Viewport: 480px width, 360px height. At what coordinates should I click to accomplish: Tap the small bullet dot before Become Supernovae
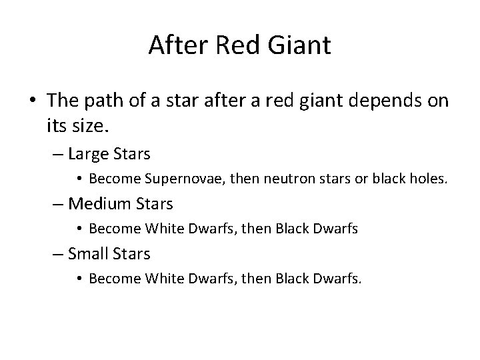click(79, 179)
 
